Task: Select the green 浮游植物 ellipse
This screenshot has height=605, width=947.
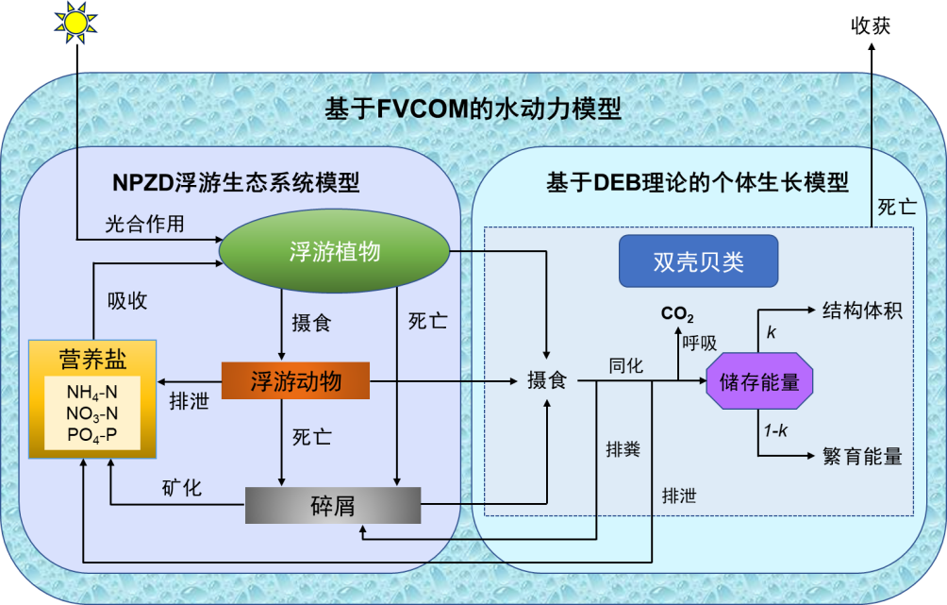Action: [x=334, y=251]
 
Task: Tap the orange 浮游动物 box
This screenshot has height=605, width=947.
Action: [x=295, y=381]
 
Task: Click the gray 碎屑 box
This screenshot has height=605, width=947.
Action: [x=332, y=505]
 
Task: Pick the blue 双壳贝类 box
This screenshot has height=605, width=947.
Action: [x=699, y=261]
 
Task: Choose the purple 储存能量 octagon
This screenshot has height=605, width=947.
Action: [x=759, y=381]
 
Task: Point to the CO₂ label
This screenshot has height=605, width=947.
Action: [x=677, y=314]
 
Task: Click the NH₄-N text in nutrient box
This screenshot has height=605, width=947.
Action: [x=91, y=392]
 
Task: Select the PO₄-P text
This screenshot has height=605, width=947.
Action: [x=91, y=435]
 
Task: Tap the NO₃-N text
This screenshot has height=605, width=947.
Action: [x=91, y=413]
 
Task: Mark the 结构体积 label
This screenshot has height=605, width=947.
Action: [x=862, y=311]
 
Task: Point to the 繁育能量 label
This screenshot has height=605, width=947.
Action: [x=862, y=457]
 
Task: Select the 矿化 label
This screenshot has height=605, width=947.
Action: [x=181, y=488]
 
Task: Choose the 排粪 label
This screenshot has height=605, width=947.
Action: [x=623, y=449]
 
